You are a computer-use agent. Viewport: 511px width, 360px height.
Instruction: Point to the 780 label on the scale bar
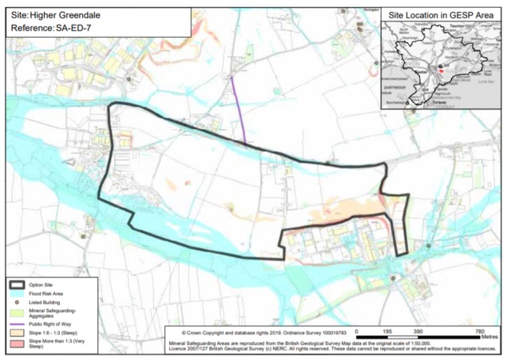[479, 330]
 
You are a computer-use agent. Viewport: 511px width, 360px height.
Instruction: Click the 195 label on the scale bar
[387, 330]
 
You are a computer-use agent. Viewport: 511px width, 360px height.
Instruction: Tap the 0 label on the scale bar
[357, 330]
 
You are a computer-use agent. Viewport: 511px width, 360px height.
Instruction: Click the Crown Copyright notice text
[216, 331]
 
